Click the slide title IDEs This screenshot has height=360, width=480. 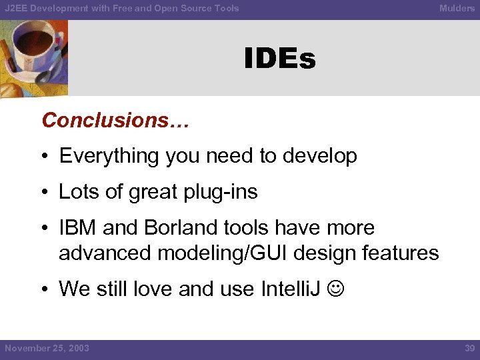tap(279, 59)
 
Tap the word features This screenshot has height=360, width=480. tap(402, 253)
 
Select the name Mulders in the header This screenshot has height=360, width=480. tap(457, 8)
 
